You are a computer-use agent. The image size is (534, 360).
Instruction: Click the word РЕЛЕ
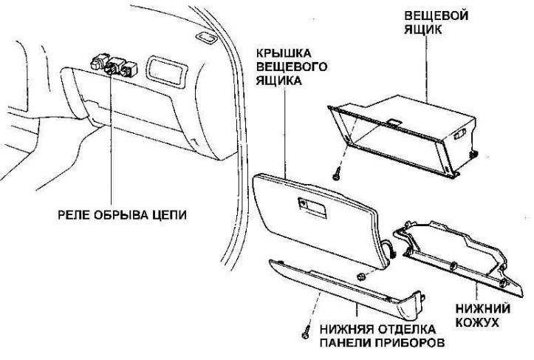click(72, 216)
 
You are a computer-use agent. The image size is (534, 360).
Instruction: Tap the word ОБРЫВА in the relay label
click(117, 216)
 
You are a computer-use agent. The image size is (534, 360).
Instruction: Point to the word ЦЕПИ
click(165, 216)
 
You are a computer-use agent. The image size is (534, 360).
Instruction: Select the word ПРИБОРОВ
click(410, 344)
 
